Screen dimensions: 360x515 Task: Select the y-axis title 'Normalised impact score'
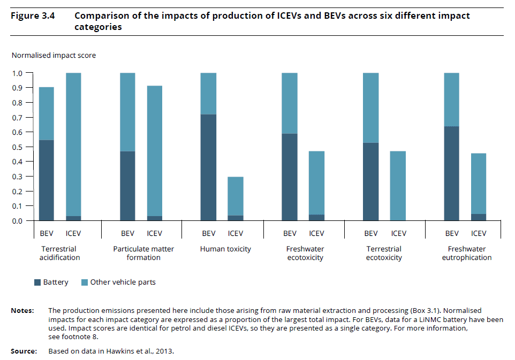[54, 55]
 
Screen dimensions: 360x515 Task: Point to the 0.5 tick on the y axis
[18, 147]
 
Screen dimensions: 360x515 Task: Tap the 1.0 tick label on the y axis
[18, 73]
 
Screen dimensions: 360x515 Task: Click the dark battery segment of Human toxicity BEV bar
[208, 167]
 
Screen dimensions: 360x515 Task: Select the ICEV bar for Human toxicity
[236, 198]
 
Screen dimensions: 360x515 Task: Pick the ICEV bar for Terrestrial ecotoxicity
[398, 186]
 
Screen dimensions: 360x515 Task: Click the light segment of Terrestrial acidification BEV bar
[47, 113]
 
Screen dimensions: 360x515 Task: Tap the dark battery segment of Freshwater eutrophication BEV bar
[452, 173]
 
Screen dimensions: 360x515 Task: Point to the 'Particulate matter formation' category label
[143, 253]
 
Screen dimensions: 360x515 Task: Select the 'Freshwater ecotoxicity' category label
[305, 253]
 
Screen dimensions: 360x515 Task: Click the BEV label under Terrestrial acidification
[47, 233]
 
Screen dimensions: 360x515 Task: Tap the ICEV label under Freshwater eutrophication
[479, 233]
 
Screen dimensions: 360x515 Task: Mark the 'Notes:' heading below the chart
[22, 310]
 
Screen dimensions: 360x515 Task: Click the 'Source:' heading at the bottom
[24, 351]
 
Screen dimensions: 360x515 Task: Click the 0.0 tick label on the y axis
[18, 221]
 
